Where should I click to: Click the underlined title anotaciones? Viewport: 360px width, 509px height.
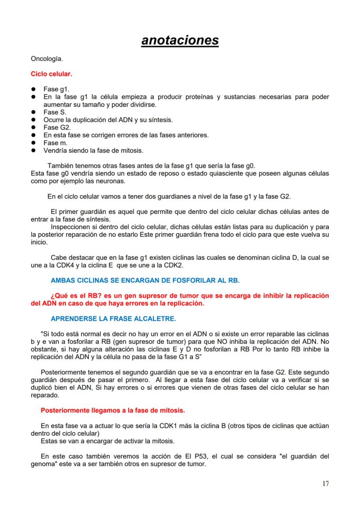(180, 40)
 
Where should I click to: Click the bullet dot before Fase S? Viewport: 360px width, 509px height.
(33, 112)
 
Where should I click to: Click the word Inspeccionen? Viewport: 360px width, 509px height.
(71, 227)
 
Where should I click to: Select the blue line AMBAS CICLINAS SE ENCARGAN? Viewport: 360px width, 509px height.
(145, 280)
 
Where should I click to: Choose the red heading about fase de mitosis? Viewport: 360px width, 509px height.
(112, 410)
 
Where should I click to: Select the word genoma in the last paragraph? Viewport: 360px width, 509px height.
(43, 464)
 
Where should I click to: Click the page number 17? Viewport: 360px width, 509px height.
(325, 484)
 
